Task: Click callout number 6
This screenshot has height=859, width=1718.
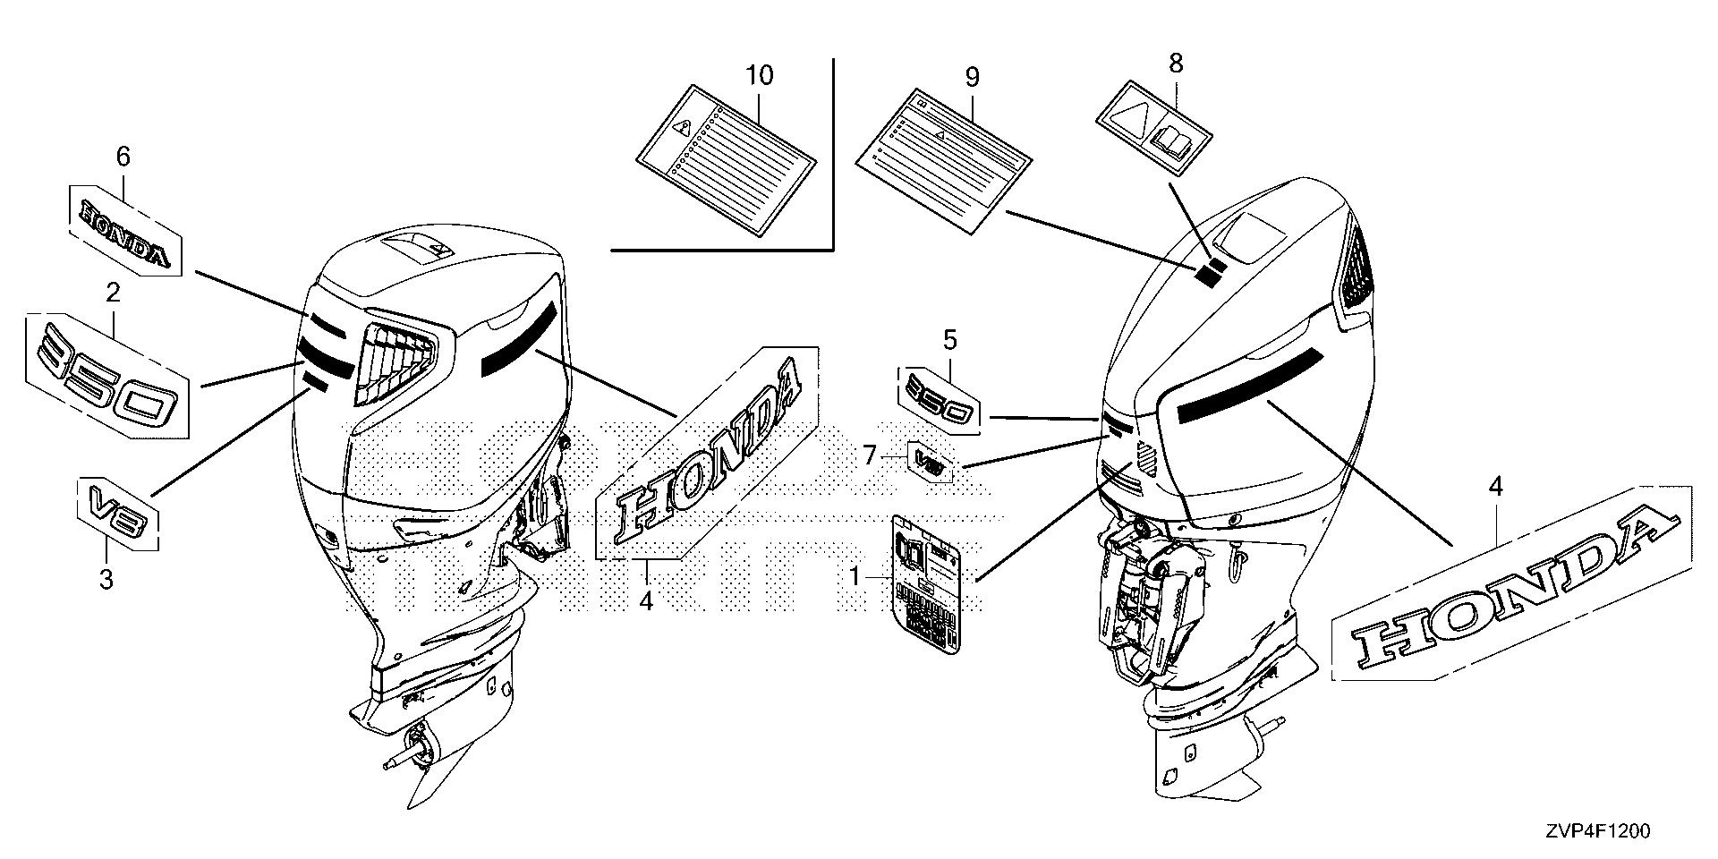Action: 123,157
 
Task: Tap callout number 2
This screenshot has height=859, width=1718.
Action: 113,293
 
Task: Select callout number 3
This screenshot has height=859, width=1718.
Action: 106,579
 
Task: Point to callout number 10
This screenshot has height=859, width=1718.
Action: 759,75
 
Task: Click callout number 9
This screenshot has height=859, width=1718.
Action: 972,77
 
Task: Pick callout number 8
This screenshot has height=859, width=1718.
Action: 1176,63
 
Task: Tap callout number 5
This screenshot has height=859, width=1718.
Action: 949,340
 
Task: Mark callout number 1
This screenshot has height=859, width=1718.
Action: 855,578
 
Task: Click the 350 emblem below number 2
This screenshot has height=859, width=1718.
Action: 107,376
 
